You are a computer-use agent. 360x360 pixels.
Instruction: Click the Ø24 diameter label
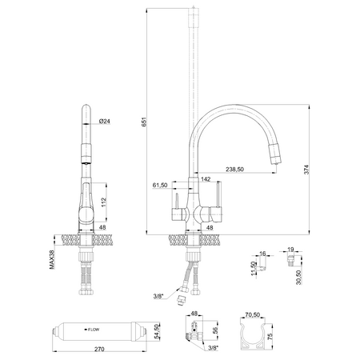tap(104, 121)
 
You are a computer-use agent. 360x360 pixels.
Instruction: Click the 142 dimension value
tap(206, 180)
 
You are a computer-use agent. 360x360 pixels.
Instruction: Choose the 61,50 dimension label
tap(159, 185)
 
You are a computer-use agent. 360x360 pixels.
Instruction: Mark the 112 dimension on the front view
tap(103, 201)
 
